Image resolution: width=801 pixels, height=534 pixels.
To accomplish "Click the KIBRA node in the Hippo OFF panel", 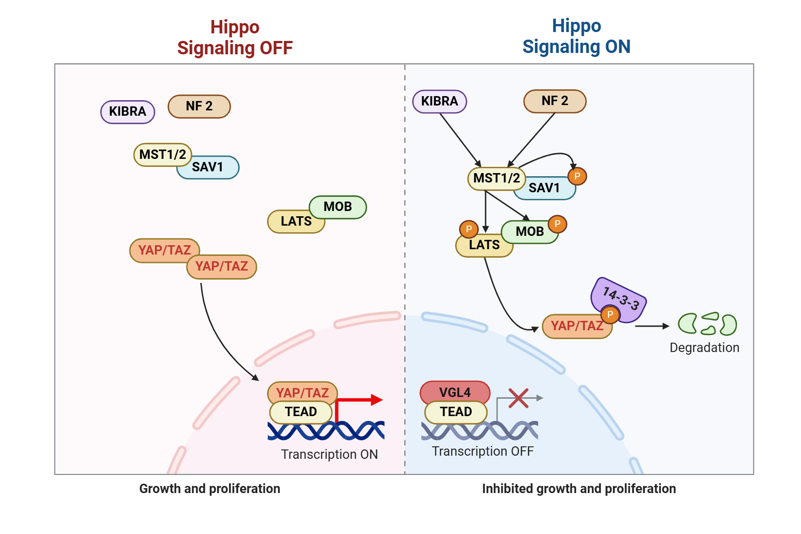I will point(128,111).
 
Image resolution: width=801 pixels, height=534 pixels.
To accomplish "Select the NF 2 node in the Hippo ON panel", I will point(555,101).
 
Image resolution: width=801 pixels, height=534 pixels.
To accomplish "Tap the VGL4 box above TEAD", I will point(455,392).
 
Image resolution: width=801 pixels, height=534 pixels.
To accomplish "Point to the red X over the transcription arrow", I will point(518,398).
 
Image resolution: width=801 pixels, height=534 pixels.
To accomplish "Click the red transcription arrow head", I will point(376,400).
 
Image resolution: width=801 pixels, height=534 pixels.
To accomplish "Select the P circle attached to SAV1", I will point(577,176).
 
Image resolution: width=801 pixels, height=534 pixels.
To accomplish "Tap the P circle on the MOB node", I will point(557,224).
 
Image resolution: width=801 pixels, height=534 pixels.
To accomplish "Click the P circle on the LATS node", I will point(469,229).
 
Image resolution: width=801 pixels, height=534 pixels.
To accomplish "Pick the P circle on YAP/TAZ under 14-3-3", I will point(610,315).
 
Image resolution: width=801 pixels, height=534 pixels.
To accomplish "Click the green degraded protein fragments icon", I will point(707,324).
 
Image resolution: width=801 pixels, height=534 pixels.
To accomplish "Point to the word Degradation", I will point(704,348).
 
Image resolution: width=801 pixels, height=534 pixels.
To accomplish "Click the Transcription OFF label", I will point(483,451).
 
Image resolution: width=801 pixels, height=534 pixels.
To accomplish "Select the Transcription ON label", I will point(329,454).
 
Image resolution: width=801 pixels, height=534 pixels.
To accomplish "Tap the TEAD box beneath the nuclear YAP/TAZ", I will point(301,412).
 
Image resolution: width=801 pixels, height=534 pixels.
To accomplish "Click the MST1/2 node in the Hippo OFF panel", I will point(162,154).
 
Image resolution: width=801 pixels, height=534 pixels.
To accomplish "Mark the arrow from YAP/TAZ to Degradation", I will point(652,326).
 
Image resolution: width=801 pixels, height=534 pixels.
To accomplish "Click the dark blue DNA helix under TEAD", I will point(326,431).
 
